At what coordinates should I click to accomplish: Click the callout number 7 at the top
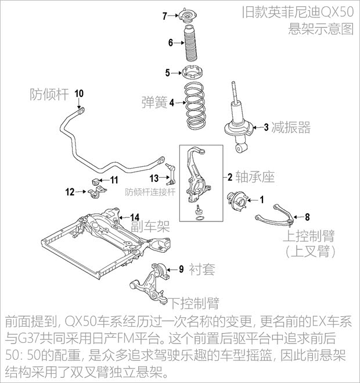(x=164, y=15)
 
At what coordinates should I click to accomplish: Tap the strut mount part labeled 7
(x=189, y=15)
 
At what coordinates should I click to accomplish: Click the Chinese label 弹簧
(x=154, y=103)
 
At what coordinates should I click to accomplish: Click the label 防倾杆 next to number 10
(x=47, y=94)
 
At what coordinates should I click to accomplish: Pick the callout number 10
(x=80, y=94)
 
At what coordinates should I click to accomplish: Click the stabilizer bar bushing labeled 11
(x=96, y=180)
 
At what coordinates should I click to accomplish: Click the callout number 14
(x=134, y=217)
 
